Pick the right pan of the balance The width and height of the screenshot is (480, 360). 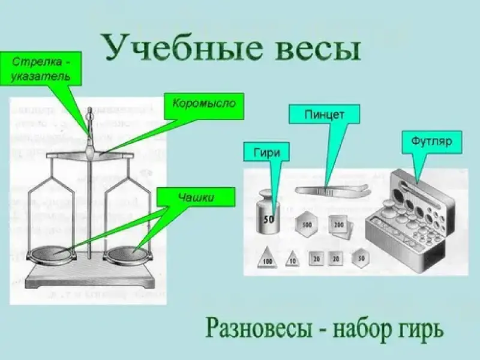pos(127,254)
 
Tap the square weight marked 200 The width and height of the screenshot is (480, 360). pos(338,226)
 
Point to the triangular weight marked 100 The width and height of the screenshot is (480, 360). pos(267,259)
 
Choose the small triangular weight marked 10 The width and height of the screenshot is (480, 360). pos(292,259)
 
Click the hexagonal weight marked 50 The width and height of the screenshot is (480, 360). pos(361,257)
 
